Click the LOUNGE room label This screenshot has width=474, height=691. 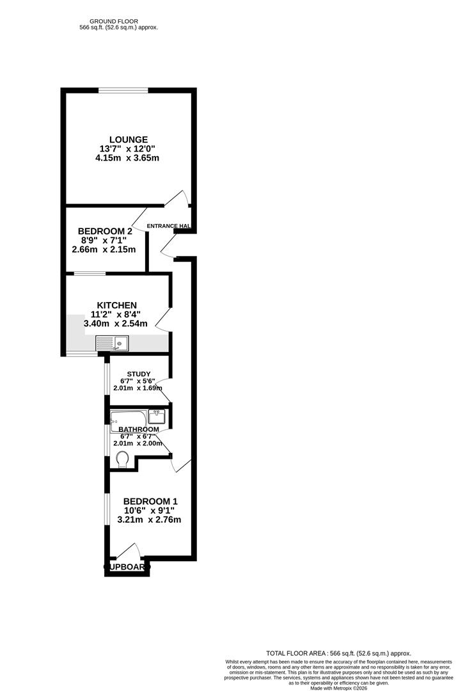[x=128, y=139]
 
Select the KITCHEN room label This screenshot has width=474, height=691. [x=116, y=305]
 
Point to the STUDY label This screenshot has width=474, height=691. [x=138, y=374]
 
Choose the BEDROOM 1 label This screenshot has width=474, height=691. [x=150, y=501]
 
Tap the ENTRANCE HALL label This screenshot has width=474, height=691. [x=169, y=226]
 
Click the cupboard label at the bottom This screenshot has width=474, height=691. [x=127, y=567]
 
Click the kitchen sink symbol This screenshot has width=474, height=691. [x=112, y=344]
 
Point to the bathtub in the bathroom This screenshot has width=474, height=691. [x=128, y=420]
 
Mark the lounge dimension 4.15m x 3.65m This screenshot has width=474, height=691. [x=125, y=157]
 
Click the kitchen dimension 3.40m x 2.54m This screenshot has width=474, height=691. [x=116, y=324]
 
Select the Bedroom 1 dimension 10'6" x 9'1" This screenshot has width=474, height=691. [x=149, y=511]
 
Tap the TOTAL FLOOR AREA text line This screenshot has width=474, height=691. [x=338, y=653]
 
